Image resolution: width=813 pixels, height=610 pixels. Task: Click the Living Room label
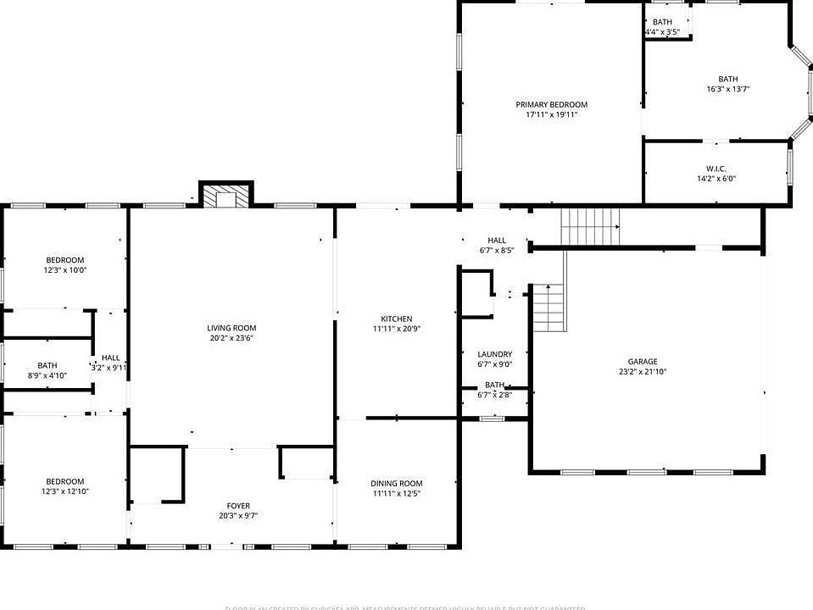[x=231, y=328]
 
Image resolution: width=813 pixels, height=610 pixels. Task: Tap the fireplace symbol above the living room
[x=226, y=196]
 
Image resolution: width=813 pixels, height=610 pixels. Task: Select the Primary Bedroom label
[x=551, y=104]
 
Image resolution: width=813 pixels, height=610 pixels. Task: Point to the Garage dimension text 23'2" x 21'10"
[x=642, y=371]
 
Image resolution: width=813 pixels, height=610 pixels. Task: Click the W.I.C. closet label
[x=716, y=169]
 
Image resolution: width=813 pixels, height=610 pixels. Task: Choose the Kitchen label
[x=396, y=319]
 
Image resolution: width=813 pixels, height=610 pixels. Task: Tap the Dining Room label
[x=396, y=483]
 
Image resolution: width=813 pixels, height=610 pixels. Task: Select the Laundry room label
[x=494, y=354]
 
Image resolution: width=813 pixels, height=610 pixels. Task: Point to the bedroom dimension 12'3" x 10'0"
[x=65, y=269]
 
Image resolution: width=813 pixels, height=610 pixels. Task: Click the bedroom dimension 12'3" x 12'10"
[x=65, y=491]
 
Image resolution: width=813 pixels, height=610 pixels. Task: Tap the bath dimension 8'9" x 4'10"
[x=47, y=375]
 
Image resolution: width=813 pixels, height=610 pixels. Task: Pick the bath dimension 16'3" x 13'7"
[x=728, y=89]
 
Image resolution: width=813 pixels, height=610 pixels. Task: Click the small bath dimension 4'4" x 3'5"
[x=662, y=32]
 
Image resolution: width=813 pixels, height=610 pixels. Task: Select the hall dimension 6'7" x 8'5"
[x=496, y=250]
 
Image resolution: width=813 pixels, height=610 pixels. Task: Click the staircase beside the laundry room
[x=548, y=309]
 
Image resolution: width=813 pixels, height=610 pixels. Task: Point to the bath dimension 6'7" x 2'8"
[x=494, y=394]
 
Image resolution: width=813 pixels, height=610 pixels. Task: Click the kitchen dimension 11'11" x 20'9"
[x=396, y=329]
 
